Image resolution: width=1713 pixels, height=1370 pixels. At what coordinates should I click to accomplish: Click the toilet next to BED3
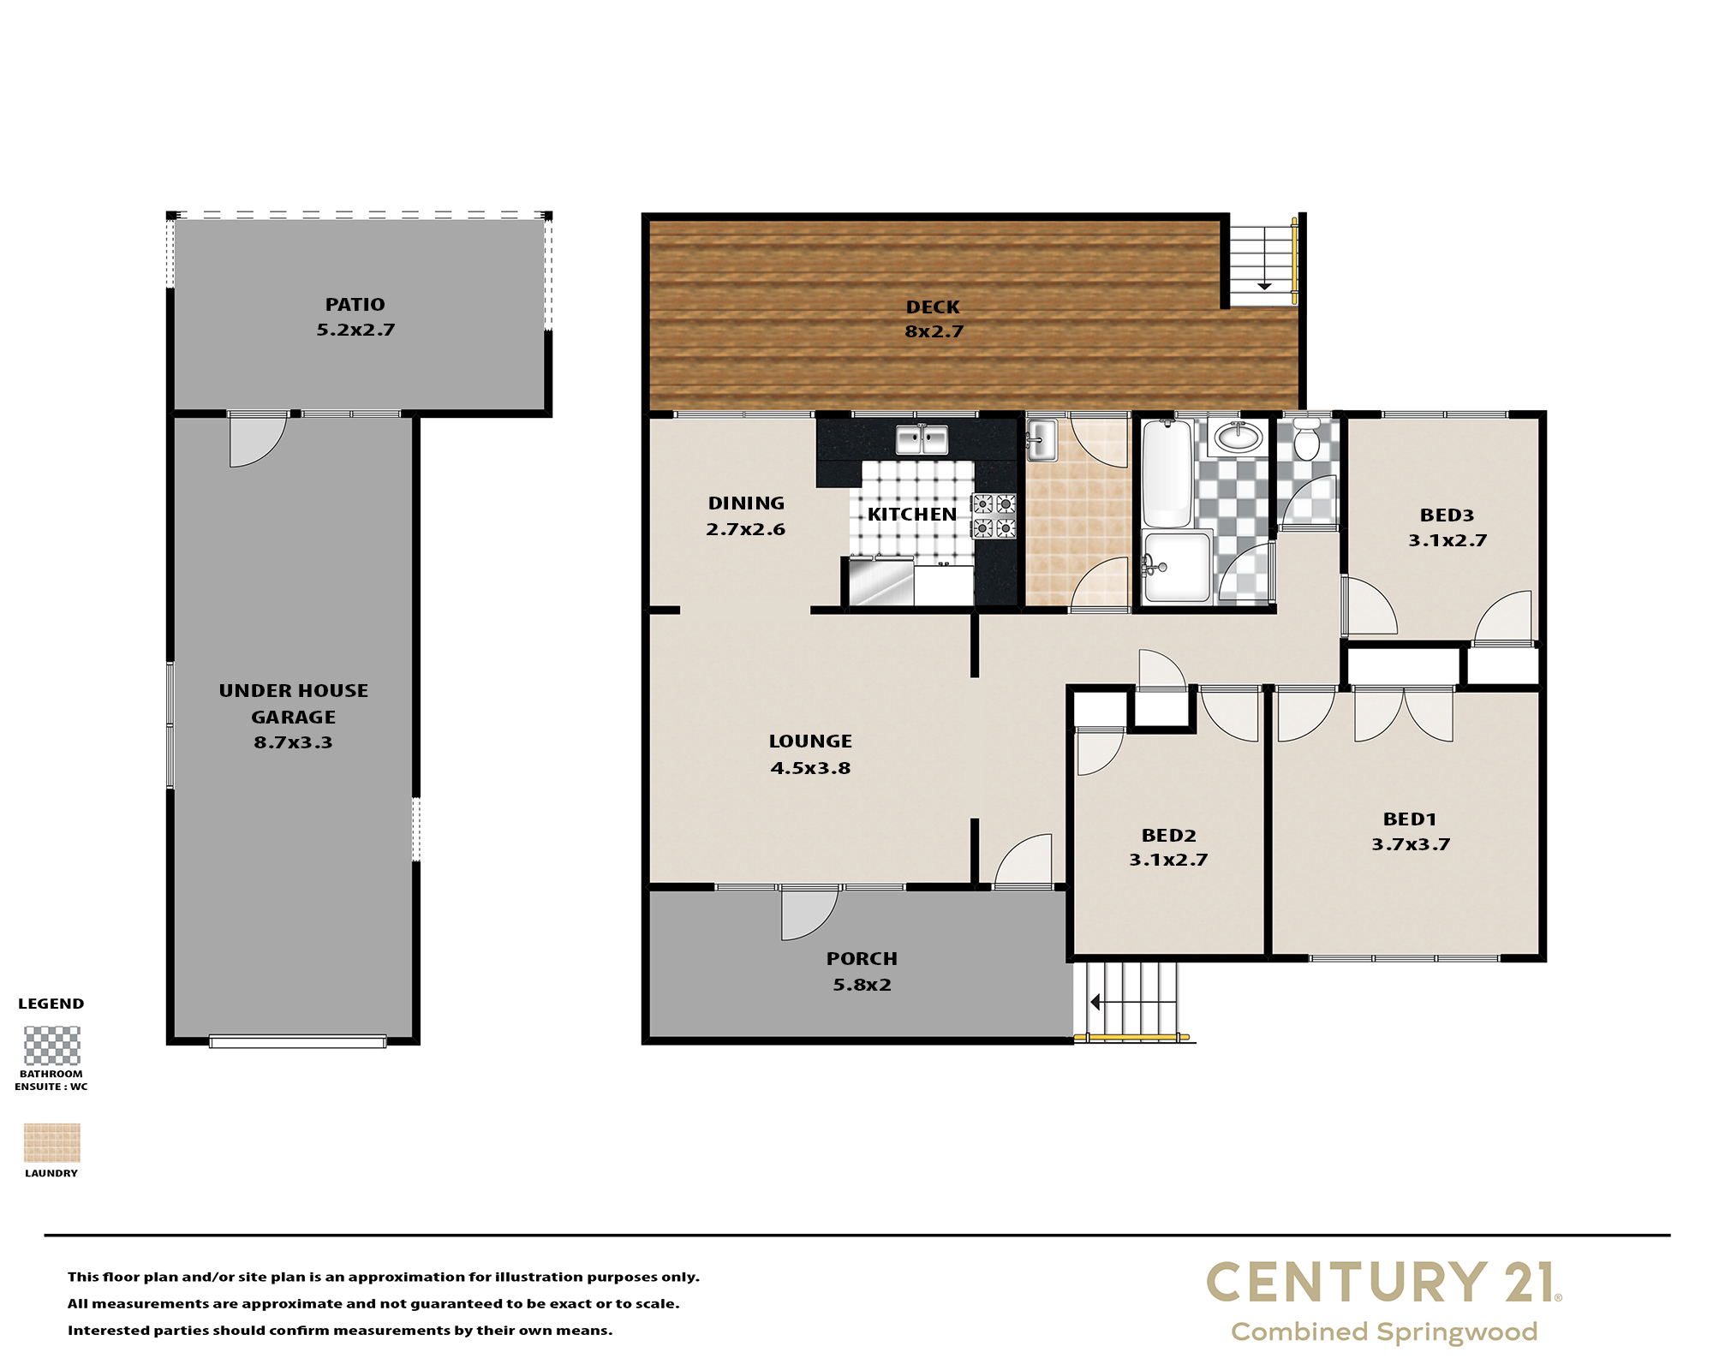1306,438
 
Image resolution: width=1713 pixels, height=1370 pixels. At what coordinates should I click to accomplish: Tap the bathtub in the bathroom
1167,474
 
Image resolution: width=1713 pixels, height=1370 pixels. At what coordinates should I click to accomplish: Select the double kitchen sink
922,439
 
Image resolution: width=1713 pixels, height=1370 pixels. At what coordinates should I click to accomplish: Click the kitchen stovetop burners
994,515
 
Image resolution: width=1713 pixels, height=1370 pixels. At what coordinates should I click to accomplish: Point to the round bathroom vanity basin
1238,438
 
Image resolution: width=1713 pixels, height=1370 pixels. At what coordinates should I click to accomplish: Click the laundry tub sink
1041,439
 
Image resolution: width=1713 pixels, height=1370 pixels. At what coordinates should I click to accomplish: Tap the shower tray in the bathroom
1178,567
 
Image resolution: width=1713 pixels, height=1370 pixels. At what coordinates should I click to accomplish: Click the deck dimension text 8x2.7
934,331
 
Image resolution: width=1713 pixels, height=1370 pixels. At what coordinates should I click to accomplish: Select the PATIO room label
355,304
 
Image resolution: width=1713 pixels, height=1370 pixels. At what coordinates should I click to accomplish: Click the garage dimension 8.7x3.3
293,742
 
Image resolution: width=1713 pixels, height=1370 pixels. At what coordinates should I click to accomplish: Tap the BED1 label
1410,819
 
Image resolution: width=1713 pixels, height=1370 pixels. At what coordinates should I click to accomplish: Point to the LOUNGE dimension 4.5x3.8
810,768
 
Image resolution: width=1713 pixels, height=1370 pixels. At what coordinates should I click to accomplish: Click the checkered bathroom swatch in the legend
51,1045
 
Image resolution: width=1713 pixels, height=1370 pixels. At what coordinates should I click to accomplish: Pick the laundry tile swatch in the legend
51,1142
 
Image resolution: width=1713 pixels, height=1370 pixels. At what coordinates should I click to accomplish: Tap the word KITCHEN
912,514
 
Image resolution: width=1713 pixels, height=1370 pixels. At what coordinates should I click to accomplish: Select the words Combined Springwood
1384,1332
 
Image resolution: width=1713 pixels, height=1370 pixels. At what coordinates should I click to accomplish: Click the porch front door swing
809,914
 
